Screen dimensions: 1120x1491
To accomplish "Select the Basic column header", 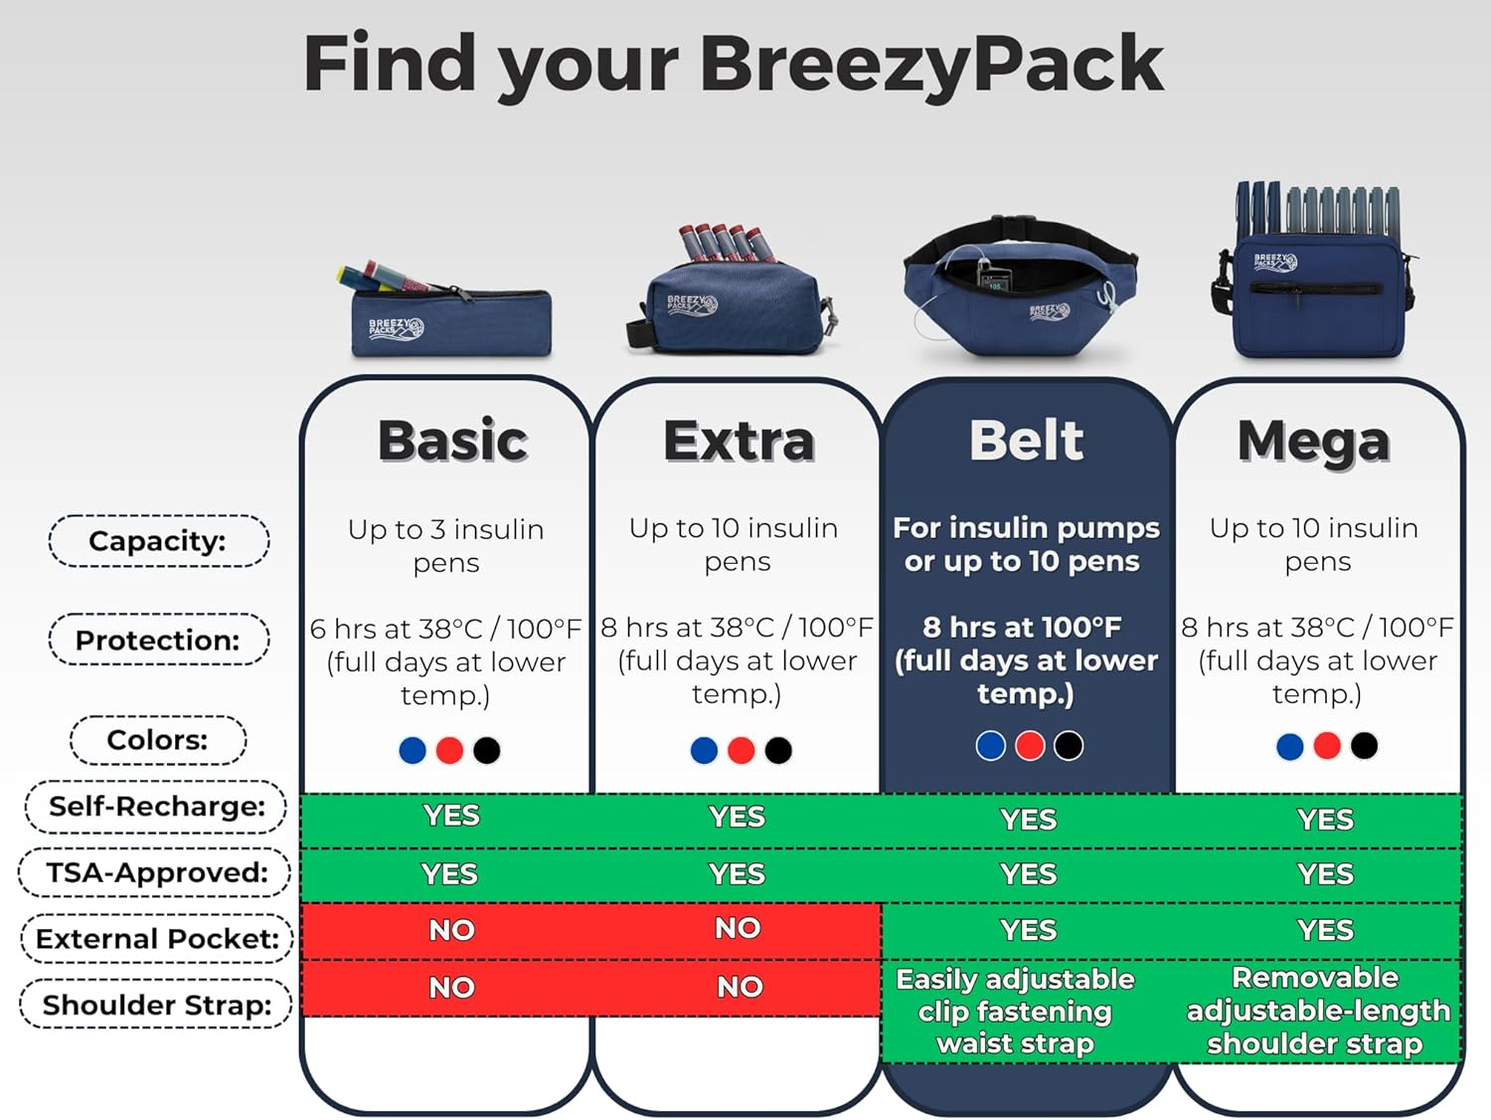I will pyautogui.click(x=452, y=441).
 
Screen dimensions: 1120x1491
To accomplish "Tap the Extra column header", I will pyautogui.click(x=739, y=441).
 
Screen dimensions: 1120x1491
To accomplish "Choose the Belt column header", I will pyautogui.click(x=1026, y=441).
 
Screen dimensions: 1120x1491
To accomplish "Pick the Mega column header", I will pyautogui.click(x=1313, y=441).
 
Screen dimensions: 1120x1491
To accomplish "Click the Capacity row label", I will pyautogui.click(x=158, y=541).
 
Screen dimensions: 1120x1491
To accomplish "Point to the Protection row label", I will pyautogui.click(x=158, y=640).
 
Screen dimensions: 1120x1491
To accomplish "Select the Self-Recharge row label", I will pyautogui.click(x=156, y=806).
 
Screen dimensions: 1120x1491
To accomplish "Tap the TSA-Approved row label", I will pyautogui.click(x=156, y=872).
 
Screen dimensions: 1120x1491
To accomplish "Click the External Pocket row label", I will pyautogui.click(x=156, y=938).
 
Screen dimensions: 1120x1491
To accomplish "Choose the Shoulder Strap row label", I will pyautogui.click(x=156, y=1005).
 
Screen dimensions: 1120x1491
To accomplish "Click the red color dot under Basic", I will pyautogui.click(x=449, y=750).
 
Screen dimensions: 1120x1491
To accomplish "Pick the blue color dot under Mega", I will pyautogui.click(x=1289, y=746).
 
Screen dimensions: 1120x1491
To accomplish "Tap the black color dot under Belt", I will pyautogui.click(x=1069, y=745).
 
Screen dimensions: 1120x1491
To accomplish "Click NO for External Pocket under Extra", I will pyautogui.click(x=738, y=928).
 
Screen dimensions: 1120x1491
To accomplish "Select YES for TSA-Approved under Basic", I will pyautogui.click(x=449, y=874).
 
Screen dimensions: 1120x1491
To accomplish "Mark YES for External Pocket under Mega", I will pyautogui.click(x=1325, y=930).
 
